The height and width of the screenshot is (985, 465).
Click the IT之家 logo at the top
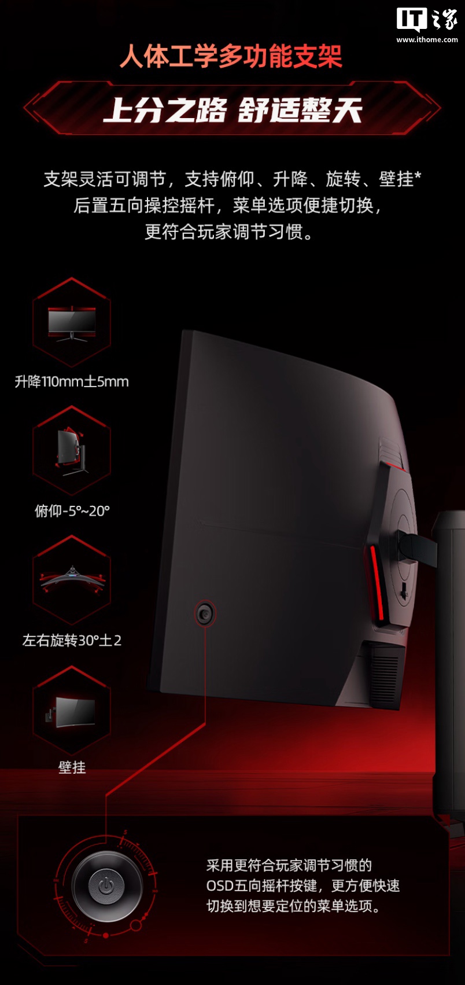[427, 20]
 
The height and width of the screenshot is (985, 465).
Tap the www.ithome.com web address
[427, 40]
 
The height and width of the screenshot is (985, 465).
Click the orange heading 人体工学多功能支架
[231, 57]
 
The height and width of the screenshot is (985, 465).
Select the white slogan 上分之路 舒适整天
[232, 110]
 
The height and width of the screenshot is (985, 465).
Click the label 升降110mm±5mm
[72, 382]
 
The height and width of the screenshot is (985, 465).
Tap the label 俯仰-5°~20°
[72, 511]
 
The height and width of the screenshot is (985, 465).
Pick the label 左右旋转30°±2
[72, 641]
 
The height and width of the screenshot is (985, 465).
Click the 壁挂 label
[72, 767]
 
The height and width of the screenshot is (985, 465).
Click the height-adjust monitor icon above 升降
[72, 323]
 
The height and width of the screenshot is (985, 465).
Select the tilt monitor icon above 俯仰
[72, 451]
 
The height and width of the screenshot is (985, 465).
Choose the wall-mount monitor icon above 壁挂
[72, 711]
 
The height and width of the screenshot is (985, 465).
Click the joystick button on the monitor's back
[205, 613]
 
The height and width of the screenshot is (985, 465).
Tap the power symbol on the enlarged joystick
[105, 885]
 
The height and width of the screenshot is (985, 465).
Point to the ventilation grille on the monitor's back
[383, 671]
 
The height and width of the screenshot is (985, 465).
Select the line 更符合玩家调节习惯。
[230, 232]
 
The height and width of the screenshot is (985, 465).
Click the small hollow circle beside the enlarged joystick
[136, 925]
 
